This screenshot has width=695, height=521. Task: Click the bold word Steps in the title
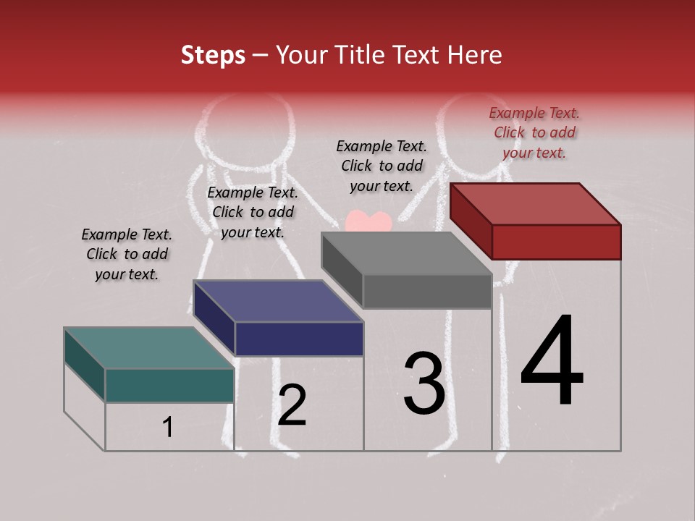tap(213, 55)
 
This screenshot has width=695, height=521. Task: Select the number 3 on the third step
tap(424, 384)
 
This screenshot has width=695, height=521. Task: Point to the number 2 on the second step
tap(292, 405)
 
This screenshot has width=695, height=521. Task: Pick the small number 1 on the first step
tap(168, 428)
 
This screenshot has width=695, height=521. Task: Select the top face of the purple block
tap(279, 301)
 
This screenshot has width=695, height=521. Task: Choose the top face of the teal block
tap(149, 348)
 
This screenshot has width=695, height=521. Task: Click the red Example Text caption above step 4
tap(534, 132)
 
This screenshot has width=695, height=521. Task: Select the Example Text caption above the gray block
tap(382, 166)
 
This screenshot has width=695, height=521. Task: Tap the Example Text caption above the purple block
tap(253, 212)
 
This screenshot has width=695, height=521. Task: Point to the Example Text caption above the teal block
tap(127, 254)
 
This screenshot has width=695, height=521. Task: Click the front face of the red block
tap(556, 241)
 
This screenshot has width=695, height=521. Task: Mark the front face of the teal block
tap(169, 385)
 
